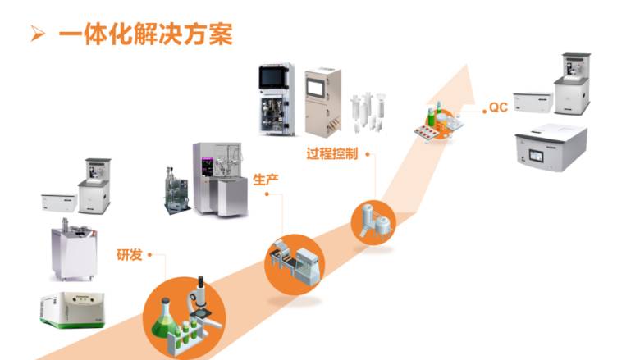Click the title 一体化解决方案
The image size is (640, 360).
point(146,34)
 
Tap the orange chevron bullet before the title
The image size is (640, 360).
point(38,34)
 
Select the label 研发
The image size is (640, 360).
point(129,255)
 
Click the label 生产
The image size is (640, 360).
point(265,180)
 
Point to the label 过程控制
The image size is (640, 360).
point(331,153)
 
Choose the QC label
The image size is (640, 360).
point(498,107)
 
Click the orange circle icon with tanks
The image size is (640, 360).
point(373,222)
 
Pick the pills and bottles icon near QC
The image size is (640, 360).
point(438,123)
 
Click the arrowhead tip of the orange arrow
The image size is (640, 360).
point(466,66)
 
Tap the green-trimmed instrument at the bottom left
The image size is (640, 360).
point(73,309)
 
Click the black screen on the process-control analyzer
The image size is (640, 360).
point(274,77)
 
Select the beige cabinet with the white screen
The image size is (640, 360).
point(322,101)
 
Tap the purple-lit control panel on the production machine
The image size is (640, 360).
point(207,167)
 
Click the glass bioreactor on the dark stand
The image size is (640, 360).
point(176,191)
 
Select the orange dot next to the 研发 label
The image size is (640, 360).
point(149,255)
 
